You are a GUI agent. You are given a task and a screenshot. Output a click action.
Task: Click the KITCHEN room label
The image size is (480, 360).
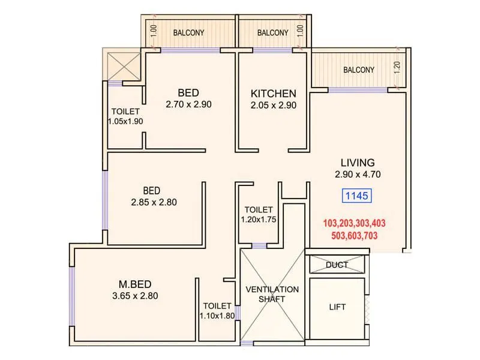coord(273,94)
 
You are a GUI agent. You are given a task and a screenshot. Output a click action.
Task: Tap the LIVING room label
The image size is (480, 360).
coord(358,163)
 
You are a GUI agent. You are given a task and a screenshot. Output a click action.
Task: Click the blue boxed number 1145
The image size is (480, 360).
coord(358,196)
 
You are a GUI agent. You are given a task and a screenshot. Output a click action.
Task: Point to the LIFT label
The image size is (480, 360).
coord(337,307)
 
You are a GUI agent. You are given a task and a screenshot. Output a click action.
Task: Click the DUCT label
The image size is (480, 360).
coord(337,265)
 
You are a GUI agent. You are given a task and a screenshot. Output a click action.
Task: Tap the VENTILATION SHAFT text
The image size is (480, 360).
coord(272,294)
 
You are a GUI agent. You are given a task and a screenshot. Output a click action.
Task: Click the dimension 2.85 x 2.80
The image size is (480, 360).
coord(154,202)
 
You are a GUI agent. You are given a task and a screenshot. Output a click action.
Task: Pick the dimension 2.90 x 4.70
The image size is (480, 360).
coord(358,175)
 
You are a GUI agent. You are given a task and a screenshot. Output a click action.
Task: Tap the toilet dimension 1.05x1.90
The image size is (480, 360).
coord(125,121)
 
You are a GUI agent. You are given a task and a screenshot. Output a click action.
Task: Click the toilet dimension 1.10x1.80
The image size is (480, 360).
coord(217,316)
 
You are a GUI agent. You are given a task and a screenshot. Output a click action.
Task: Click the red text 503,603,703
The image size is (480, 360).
coord(354,236)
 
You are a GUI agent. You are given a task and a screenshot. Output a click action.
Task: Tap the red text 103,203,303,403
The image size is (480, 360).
coord(354,223)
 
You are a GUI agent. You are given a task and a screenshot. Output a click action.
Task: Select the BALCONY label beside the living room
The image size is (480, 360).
coord(359,70)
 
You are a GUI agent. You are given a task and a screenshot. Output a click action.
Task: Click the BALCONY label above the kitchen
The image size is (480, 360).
coord(273,33)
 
